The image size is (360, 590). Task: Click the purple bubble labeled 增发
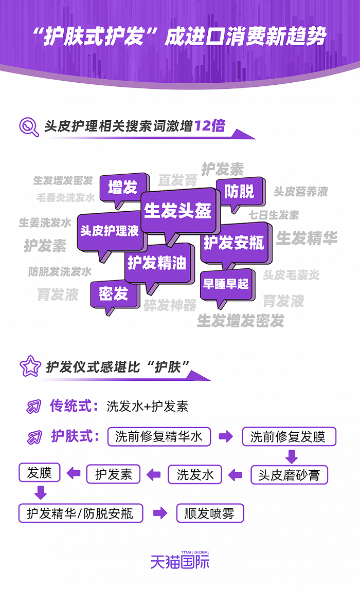pyautogui.click(x=123, y=188)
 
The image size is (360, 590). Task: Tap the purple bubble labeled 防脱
pyautogui.click(x=240, y=192)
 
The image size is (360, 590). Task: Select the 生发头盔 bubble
pyautogui.click(x=178, y=211)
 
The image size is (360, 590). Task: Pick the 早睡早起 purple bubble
pyautogui.click(x=226, y=283)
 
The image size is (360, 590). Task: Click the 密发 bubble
pyautogui.click(x=113, y=294)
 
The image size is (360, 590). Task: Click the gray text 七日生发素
pyautogui.click(x=274, y=215)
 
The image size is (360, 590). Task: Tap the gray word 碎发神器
pyautogui.click(x=170, y=305)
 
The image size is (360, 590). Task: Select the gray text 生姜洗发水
pyautogui.click(x=45, y=223)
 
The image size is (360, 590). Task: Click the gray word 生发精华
pyautogui.click(x=307, y=238)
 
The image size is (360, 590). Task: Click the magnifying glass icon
pyautogui.click(x=29, y=127)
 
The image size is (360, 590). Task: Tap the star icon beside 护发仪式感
pyautogui.click(x=29, y=366)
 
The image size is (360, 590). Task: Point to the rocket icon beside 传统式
pyautogui.click(x=34, y=407)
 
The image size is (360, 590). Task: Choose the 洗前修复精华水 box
pyautogui.click(x=159, y=437)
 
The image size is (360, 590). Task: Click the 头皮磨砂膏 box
pyautogui.click(x=289, y=474)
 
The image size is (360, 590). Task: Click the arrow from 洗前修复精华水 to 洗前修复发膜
pyautogui.click(x=225, y=437)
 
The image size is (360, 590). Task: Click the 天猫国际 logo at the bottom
pyautogui.click(x=180, y=560)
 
